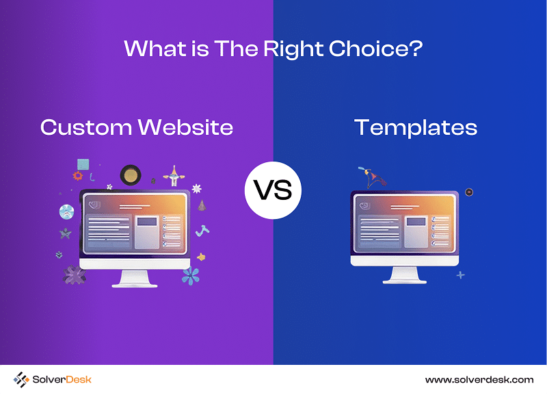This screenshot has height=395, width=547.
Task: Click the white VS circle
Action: (x=273, y=190)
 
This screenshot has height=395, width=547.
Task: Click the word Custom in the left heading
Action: (x=86, y=127)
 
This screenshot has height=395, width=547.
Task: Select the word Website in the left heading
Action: (x=185, y=127)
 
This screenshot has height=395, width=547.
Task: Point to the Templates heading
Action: (x=416, y=128)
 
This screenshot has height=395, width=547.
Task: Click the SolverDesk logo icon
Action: (x=21, y=380)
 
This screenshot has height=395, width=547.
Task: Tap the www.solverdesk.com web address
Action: (x=479, y=380)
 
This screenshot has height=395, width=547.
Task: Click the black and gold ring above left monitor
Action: (x=131, y=175)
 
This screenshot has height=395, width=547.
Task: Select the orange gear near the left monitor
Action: (x=78, y=175)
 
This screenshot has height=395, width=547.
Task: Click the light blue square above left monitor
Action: (x=83, y=164)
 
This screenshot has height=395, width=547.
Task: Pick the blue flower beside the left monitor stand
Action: (x=191, y=276)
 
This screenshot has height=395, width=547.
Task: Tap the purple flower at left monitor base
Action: (x=75, y=275)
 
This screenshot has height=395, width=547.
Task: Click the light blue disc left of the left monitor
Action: (x=66, y=212)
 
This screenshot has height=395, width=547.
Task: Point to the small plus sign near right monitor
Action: (x=460, y=275)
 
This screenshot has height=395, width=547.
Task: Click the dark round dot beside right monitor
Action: (x=469, y=192)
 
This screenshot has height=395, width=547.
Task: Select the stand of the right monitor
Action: (x=405, y=275)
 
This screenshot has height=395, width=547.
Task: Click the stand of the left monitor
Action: (x=135, y=279)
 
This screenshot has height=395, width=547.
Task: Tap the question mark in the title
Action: (x=417, y=48)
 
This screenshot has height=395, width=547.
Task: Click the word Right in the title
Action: (x=293, y=49)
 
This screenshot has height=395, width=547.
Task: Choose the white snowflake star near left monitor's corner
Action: (x=197, y=188)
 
